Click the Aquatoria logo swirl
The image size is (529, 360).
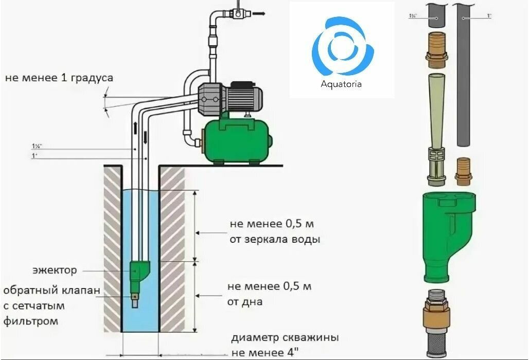(342, 46)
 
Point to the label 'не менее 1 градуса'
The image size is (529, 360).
(59, 78)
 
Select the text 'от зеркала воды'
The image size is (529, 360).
(275, 240)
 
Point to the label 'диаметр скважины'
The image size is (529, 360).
(285, 338)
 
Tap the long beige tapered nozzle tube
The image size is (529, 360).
(436, 108)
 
